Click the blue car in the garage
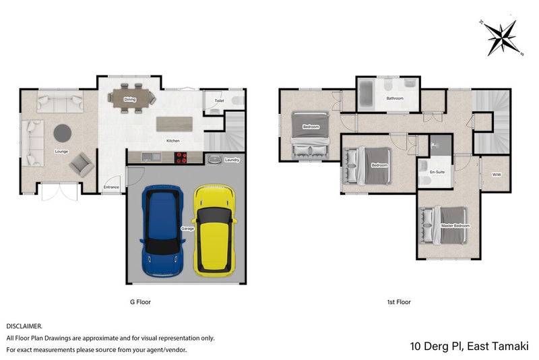[162, 231]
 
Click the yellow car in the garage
[215, 231]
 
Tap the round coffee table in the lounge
[63, 133]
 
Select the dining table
[131, 98]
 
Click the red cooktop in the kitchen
[181, 158]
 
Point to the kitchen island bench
[175, 124]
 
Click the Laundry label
[232, 160]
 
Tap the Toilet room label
[220, 100]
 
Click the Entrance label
[111, 187]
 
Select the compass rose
[502, 38]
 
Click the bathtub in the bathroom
[365, 94]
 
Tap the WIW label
[497, 175]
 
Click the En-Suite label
[437, 172]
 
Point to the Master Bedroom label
[455, 226]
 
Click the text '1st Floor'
[399, 302]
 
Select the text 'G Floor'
[140, 302]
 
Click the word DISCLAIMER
[24, 326]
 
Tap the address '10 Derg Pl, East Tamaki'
[469, 346]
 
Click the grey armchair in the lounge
[82, 164]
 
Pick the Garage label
[188, 229]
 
